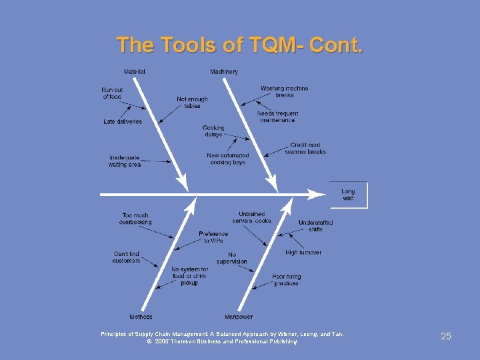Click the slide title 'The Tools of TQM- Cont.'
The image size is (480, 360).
(x=240, y=45)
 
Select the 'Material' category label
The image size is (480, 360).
(x=135, y=71)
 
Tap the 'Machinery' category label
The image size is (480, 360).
(x=224, y=71)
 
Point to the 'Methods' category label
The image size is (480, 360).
(x=141, y=317)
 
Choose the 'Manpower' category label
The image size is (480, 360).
(x=239, y=317)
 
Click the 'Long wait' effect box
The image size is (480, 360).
(x=348, y=195)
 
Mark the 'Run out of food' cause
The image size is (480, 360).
(x=112, y=93)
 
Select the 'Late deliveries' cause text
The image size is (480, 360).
(x=123, y=121)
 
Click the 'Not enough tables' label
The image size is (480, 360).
(x=192, y=103)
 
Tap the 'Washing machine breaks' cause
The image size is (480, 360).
(x=285, y=91)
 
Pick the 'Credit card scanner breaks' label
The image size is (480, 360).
(x=305, y=148)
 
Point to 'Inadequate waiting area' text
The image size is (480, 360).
(x=125, y=161)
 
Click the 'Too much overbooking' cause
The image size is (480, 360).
(x=135, y=219)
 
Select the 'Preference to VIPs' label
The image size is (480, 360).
(x=213, y=237)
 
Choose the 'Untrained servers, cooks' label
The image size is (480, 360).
(x=251, y=217)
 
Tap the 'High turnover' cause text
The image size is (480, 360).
(x=303, y=253)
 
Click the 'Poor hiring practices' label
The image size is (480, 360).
(x=287, y=279)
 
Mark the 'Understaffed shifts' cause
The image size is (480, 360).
(x=315, y=225)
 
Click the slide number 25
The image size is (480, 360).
(x=446, y=336)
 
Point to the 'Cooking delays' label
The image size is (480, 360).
(x=213, y=131)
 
